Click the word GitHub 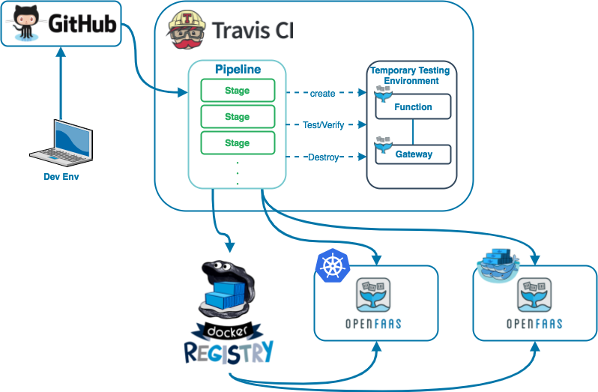pos(82,25)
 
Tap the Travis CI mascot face pos(186,30)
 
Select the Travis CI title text pos(253,31)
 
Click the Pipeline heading pos(238,70)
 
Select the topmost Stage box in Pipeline pos(238,91)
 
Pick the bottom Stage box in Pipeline pos(238,142)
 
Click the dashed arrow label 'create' pos(322,94)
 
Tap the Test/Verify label pos(323,125)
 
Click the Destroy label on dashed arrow pos(323,157)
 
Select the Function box pos(413,107)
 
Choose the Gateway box pos(414,154)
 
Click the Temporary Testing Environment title pos(411,76)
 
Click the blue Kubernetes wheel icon pos(333,265)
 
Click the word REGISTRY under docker pos(229,351)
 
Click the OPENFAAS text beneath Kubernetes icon pos(375,323)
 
